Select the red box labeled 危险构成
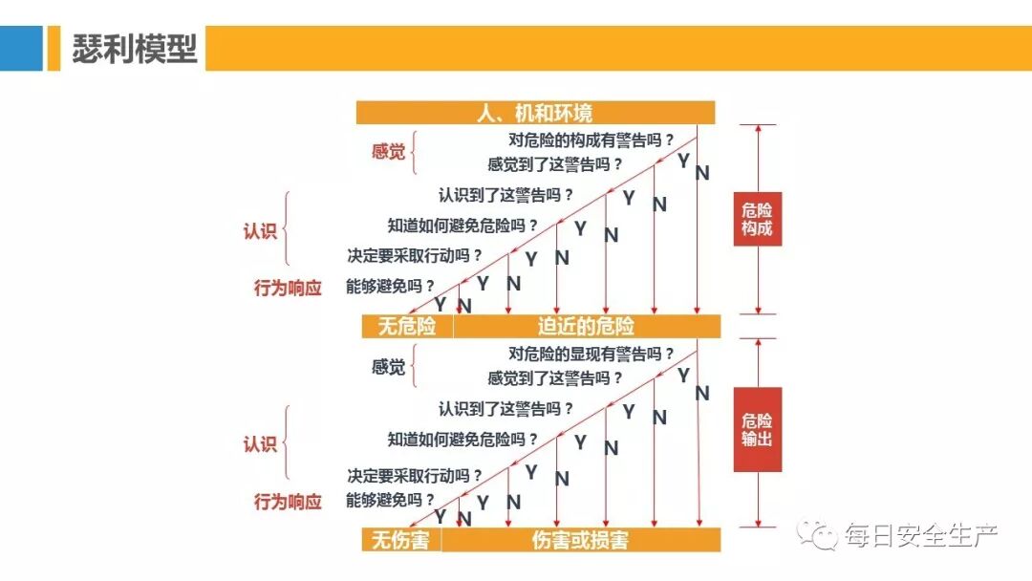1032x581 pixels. coord(758,220)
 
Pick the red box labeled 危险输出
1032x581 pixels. coord(758,429)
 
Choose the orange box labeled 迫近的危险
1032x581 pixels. coord(586,327)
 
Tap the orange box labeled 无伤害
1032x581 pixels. coord(400,541)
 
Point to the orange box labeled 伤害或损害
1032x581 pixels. coord(580,541)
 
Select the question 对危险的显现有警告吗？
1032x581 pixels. coord(591,354)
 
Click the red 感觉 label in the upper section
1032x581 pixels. coord(388,152)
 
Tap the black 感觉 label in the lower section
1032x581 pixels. coord(388,367)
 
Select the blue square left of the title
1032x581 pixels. coord(21,48)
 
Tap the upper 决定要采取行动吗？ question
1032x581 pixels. coord(414,256)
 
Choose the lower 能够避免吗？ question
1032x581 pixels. coord(390,500)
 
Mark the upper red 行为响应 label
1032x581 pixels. coord(288,288)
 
